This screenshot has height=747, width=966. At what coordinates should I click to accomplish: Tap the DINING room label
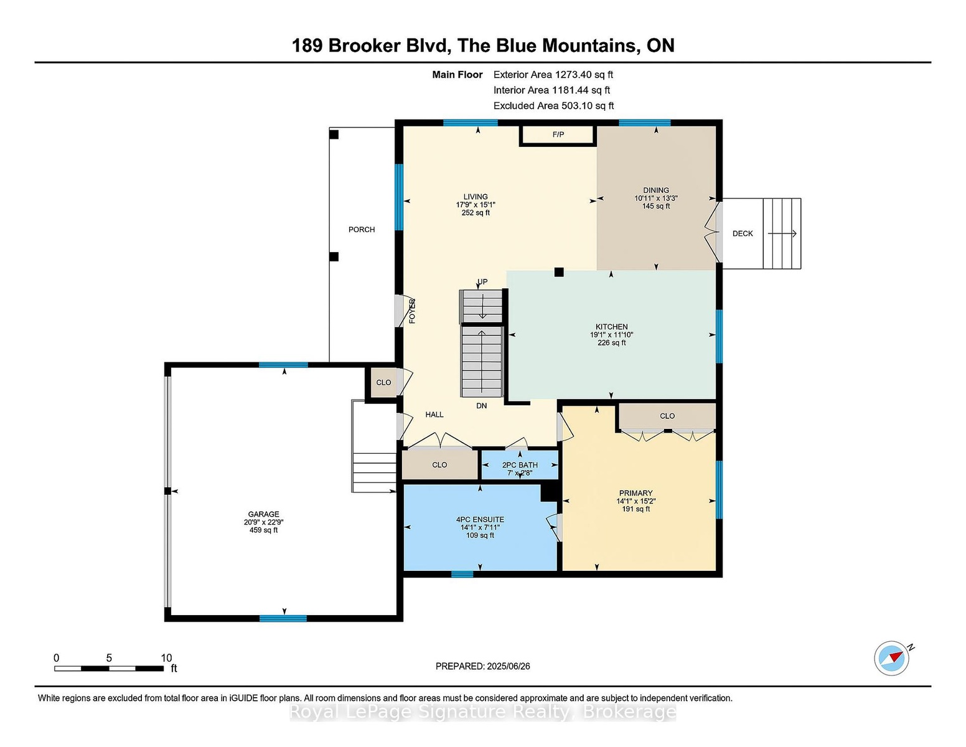[x=655, y=190]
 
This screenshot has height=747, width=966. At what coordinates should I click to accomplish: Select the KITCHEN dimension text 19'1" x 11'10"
[x=611, y=335]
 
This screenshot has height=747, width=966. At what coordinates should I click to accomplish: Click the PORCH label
[x=362, y=229]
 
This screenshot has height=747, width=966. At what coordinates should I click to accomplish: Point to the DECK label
[x=743, y=233]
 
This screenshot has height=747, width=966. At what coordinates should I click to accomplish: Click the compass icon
[x=891, y=658]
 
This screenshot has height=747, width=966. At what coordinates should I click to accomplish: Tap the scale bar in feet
[x=110, y=669]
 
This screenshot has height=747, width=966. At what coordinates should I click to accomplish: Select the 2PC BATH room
[x=520, y=465]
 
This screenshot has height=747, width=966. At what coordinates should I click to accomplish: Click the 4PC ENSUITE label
[x=480, y=519]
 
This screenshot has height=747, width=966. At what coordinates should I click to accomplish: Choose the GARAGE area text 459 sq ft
[x=264, y=530]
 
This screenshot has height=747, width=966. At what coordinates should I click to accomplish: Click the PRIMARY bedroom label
[x=635, y=493]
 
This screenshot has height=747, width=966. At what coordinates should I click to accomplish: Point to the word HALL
[x=434, y=415]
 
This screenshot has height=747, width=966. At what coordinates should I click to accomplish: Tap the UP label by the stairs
[x=482, y=282]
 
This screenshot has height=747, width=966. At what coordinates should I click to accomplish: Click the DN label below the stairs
[x=482, y=406]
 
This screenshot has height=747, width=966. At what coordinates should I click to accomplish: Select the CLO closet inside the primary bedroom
[x=667, y=416]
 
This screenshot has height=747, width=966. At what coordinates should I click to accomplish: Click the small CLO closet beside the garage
[x=383, y=382]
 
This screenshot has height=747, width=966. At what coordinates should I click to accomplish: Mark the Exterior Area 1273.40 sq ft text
[x=553, y=75]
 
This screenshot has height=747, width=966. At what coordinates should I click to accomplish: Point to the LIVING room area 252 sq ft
[x=476, y=212]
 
